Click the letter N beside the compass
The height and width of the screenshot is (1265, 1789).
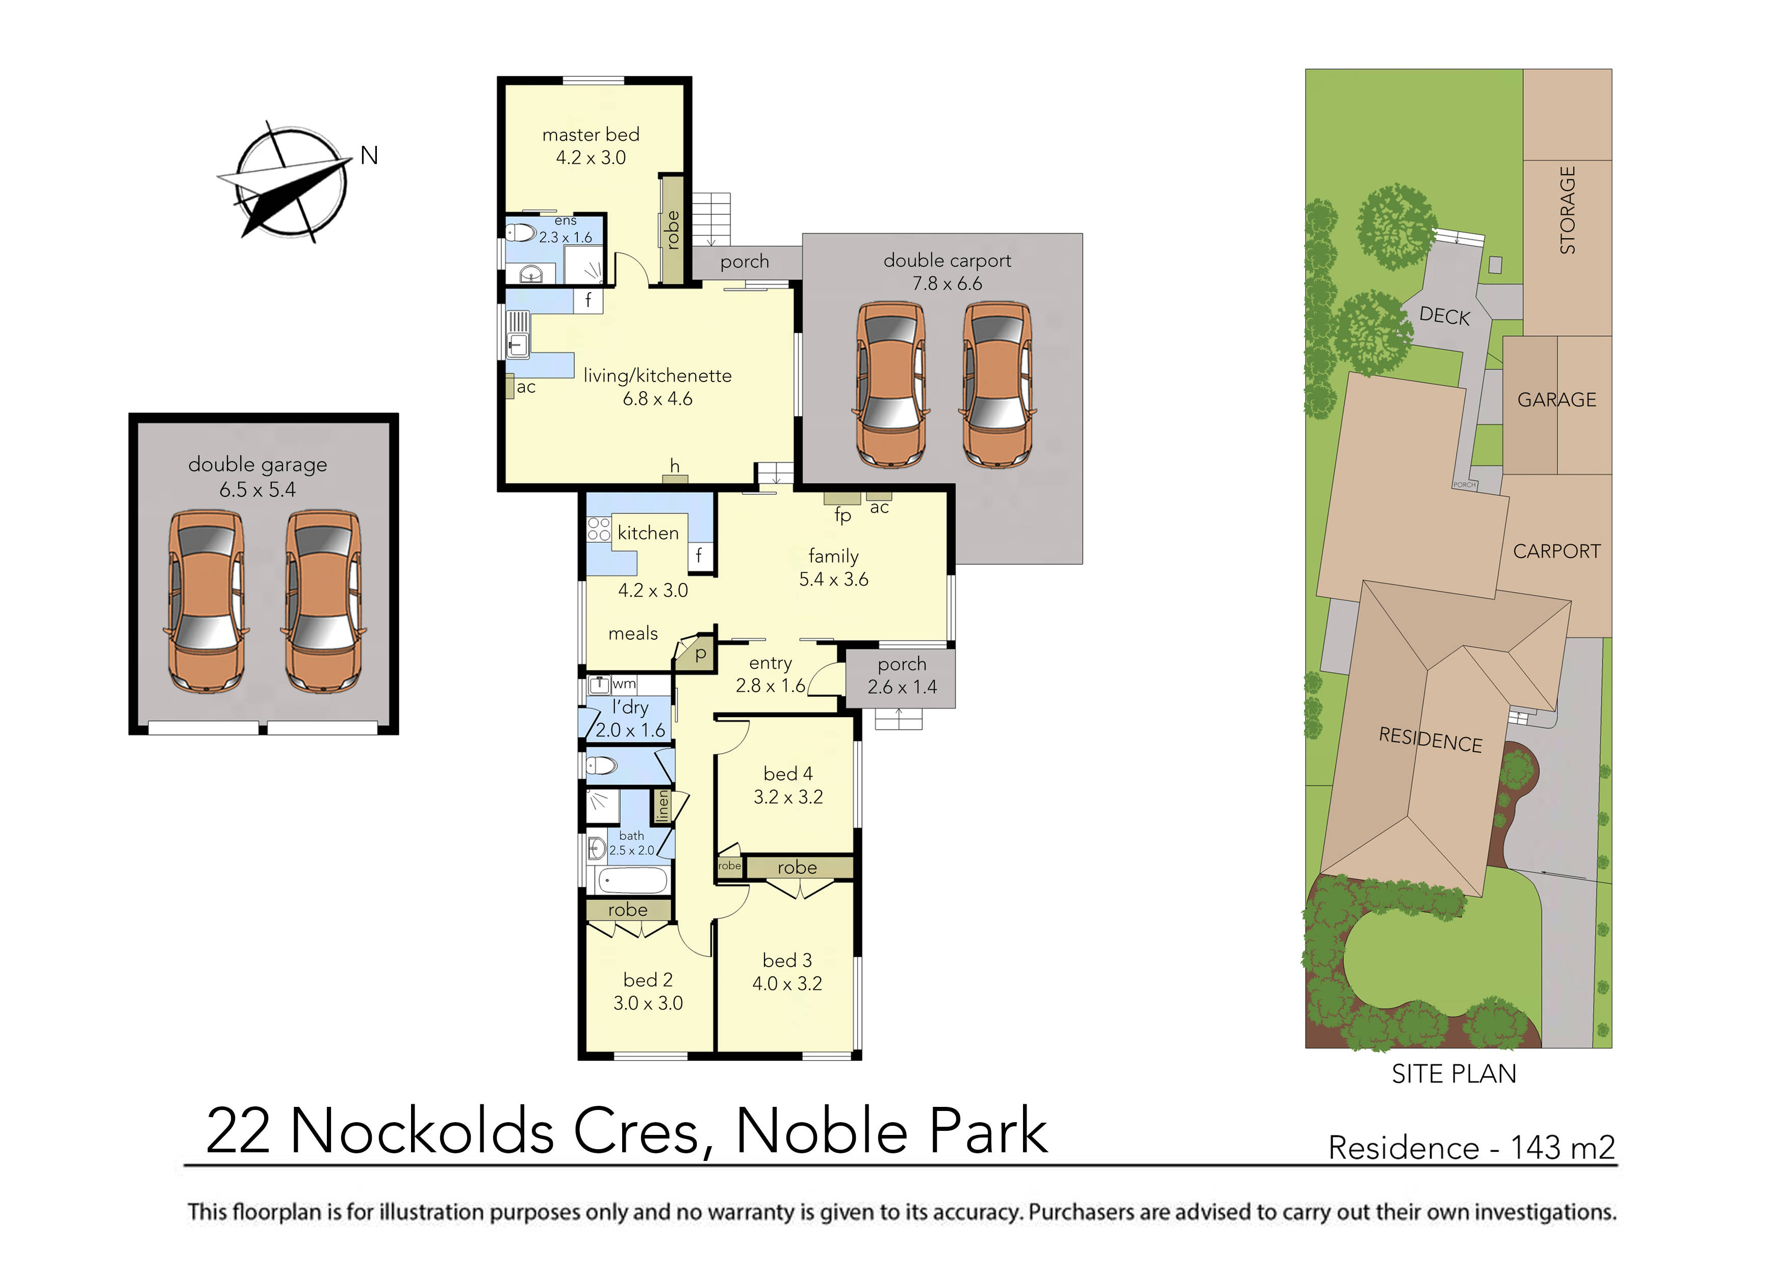tap(369, 156)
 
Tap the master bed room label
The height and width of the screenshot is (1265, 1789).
tap(591, 135)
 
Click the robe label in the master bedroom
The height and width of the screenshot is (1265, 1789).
tap(673, 230)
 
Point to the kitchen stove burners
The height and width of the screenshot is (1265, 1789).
tap(598, 530)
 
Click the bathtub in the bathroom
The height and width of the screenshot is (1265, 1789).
tap(632, 881)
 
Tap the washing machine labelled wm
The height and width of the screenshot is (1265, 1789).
tap(599, 685)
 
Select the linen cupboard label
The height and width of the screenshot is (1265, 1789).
tap(662, 806)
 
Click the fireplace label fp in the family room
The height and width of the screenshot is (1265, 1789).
tap(842, 515)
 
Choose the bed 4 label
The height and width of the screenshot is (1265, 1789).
tap(788, 774)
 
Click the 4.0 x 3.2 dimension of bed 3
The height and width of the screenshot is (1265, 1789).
tap(787, 983)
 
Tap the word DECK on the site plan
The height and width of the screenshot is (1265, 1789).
tap(1444, 316)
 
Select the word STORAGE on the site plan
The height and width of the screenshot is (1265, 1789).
tap(1567, 211)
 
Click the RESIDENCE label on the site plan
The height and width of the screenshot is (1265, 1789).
tap(1430, 739)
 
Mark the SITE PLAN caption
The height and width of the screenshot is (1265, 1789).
tap(1454, 1074)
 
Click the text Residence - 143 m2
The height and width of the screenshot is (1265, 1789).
tap(1471, 1148)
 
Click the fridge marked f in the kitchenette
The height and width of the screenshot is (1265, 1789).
tap(589, 300)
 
